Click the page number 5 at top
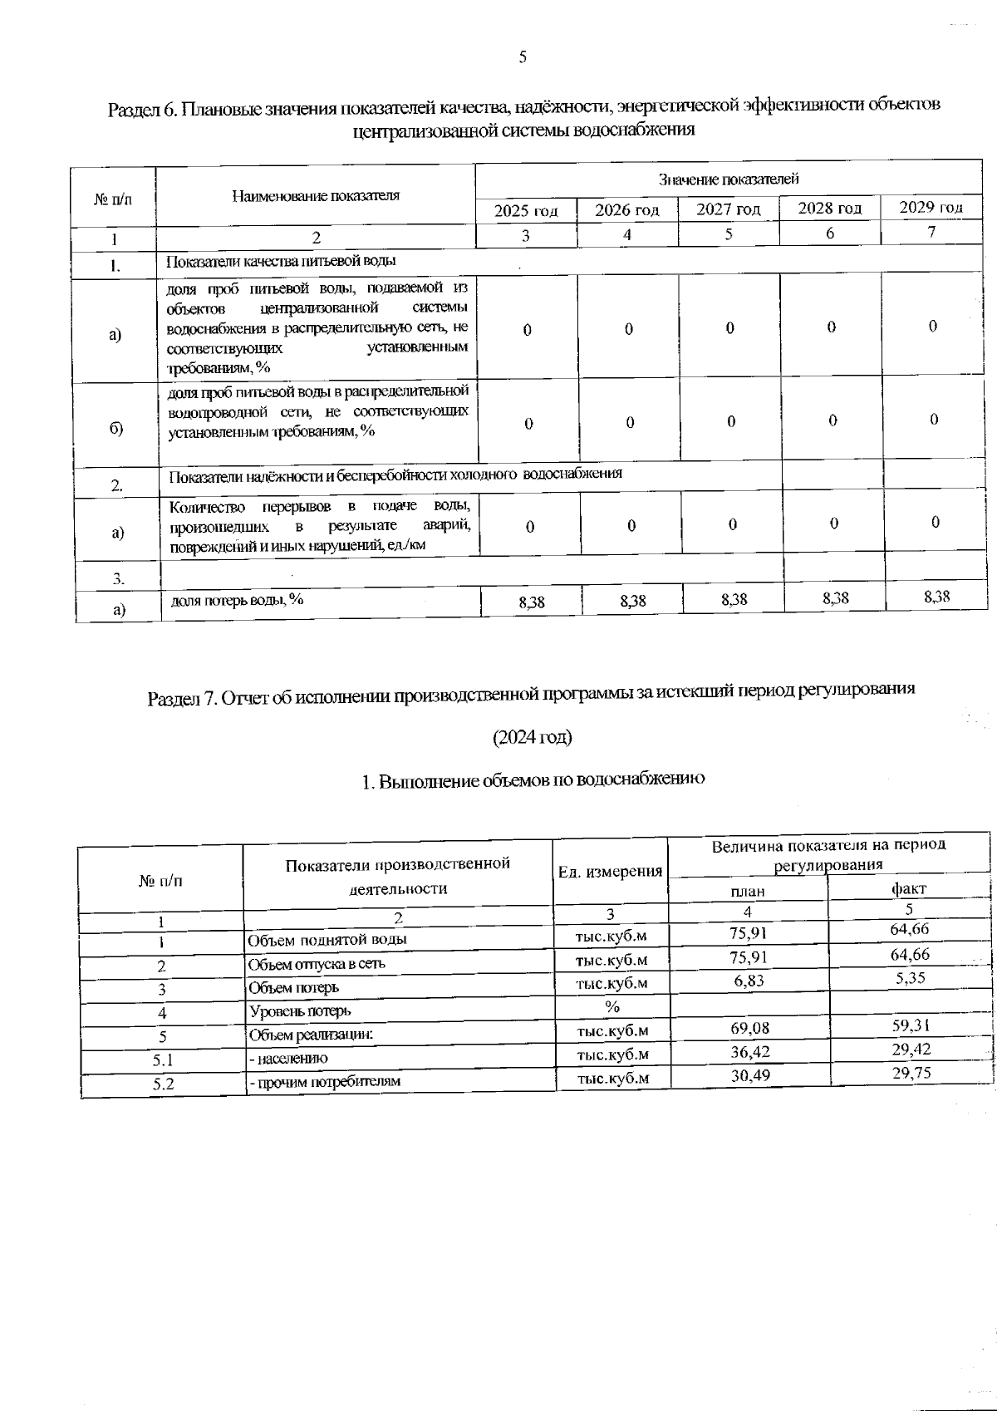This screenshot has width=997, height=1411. [523, 57]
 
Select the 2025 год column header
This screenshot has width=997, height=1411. [525, 211]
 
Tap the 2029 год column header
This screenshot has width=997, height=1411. [931, 207]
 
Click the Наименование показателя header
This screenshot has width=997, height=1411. [315, 196]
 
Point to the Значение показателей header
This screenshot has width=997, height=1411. [728, 179]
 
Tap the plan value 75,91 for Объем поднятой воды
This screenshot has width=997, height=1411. [749, 932]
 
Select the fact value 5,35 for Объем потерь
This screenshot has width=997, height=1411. [911, 978]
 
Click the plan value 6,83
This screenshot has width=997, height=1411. [749, 981]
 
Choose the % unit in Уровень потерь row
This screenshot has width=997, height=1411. [612, 1006]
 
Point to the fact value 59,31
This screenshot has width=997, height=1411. [911, 1025]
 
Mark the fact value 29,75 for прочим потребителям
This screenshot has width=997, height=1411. [911, 1073]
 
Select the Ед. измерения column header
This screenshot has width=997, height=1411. [611, 872]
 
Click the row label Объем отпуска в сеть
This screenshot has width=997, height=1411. [317, 965]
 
